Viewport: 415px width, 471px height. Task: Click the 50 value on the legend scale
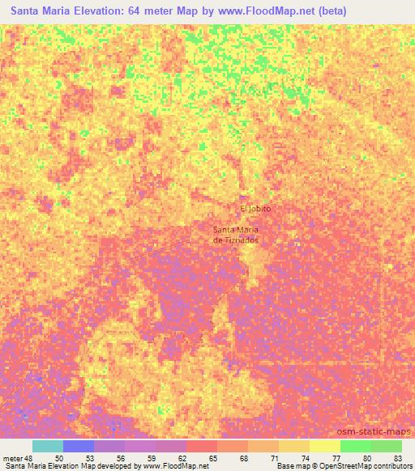pyautogui.click(x=58, y=458)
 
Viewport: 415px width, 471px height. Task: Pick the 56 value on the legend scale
pyautogui.click(x=121, y=458)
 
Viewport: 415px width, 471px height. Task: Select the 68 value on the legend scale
pyautogui.click(x=245, y=458)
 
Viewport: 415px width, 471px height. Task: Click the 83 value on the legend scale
pyautogui.click(x=397, y=458)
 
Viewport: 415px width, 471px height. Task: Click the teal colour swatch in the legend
pyautogui.click(x=48, y=446)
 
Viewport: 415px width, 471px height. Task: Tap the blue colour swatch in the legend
pyautogui.click(x=79, y=446)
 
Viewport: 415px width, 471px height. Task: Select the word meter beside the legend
pyautogui.click(x=11, y=458)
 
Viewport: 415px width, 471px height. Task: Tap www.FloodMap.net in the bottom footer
pyautogui.click(x=174, y=467)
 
